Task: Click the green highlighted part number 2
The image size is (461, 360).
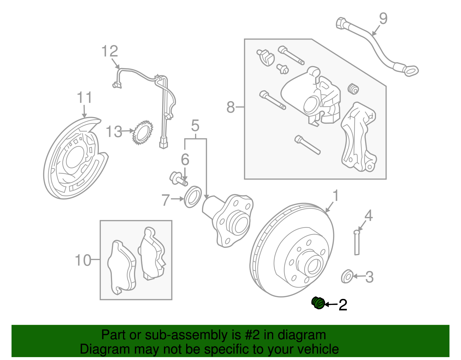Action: tap(318, 303)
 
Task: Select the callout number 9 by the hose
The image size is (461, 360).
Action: tap(383, 19)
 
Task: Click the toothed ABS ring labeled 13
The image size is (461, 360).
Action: tap(142, 133)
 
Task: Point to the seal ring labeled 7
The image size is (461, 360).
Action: tap(192, 197)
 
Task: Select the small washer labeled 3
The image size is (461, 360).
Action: tap(347, 276)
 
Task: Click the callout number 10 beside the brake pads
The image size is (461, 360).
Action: tap(83, 260)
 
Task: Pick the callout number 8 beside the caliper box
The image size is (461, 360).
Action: tap(231, 107)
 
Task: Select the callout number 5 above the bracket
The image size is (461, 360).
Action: tap(195, 126)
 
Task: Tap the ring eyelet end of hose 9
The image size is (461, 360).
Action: tap(411, 70)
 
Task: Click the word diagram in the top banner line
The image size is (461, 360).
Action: tap(302, 335)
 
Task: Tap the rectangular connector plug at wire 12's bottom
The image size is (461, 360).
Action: tap(163, 143)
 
